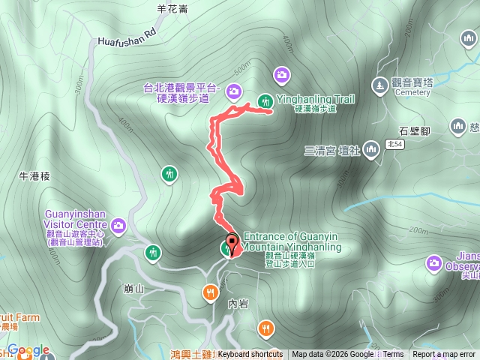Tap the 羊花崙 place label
[172, 9]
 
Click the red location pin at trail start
[232, 244]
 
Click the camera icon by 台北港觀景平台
[234, 91]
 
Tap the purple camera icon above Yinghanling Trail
[282, 73]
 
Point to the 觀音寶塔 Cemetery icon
[381, 86]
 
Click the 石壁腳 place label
[414, 131]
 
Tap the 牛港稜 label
[34, 176]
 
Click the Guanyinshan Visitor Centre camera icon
[118, 225]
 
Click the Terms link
[394, 355]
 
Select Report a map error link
[444, 355]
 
